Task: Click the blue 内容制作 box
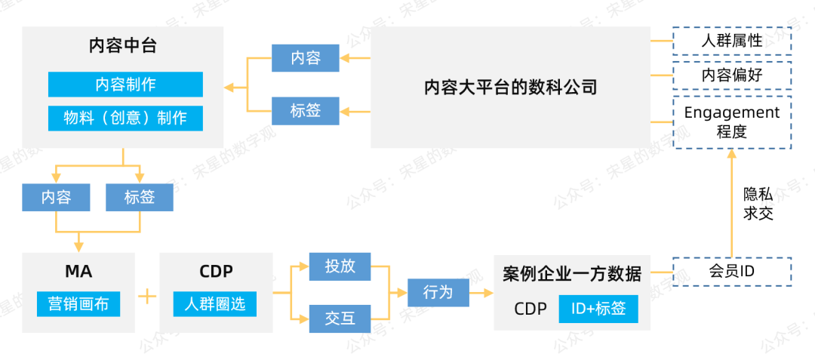pyautogui.click(x=125, y=85)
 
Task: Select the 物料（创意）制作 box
pyautogui.click(x=125, y=118)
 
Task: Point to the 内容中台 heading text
pyautogui.click(x=122, y=46)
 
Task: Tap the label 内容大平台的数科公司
pyautogui.click(x=510, y=88)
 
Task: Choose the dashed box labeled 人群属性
pyautogui.click(x=731, y=41)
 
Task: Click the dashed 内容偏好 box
pyautogui.click(x=731, y=75)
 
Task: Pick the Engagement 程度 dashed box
pyautogui.click(x=731, y=122)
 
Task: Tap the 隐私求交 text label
pyautogui.click(x=758, y=204)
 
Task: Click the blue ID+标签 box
pyautogui.click(x=598, y=309)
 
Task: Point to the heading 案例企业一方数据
pyautogui.click(x=571, y=274)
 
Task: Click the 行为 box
pyautogui.click(x=438, y=292)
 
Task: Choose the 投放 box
pyautogui.click(x=340, y=266)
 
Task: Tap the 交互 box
pyautogui.click(x=340, y=318)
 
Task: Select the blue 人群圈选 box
pyautogui.click(x=215, y=304)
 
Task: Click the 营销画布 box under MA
pyautogui.click(x=78, y=304)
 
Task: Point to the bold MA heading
pyautogui.click(x=78, y=272)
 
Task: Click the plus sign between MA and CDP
pyautogui.click(x=147, y=296)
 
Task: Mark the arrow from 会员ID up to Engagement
pyautogui.click(x=730, y=204)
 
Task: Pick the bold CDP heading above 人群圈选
pyautogui.click(x=216, y=272)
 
